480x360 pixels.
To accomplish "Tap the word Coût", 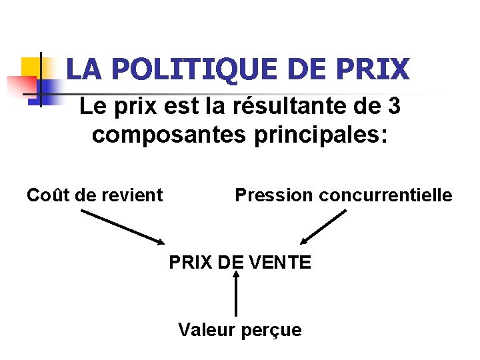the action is click(49, 195).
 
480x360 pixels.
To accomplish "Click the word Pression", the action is click(273, 195).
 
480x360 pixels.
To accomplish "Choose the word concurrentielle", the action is click(386, 195).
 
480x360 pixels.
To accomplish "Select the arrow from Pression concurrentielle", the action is click(323, 227).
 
